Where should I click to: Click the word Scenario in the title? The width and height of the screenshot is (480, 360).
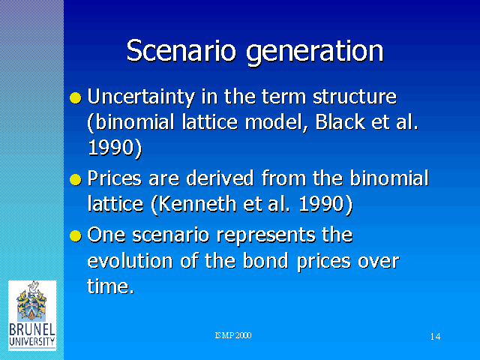[181, 50]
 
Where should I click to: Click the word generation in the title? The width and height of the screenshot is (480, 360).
[315, 52]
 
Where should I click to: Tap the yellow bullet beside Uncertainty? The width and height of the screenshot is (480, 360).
[76, 98]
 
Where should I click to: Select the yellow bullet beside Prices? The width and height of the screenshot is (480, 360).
[76, 180]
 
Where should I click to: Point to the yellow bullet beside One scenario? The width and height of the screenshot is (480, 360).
[76, 235]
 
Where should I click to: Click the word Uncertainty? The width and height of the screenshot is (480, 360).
[141, 97]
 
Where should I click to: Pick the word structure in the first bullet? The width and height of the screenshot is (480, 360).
[355, 97]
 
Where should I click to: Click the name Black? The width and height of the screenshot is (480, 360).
[340, 121]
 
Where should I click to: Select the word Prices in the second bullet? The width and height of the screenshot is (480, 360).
[115, 178]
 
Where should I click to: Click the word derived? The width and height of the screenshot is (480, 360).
[220, 178]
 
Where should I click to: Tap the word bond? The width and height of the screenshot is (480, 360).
[265, 261]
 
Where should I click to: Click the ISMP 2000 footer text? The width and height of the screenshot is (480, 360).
[233, 335]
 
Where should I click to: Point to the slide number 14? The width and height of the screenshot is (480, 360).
[435, 337]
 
